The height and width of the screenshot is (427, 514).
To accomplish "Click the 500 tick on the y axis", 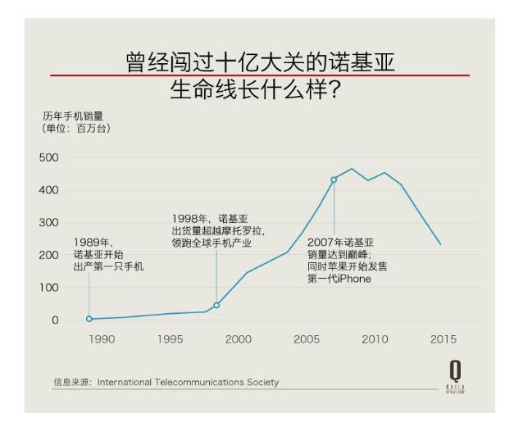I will pyautogui.click(x=49, y=157).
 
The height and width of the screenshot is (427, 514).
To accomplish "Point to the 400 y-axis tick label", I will pyautogui.click(x=49, y=190).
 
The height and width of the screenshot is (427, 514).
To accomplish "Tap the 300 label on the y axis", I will pyautogui.click(x=49, y=223).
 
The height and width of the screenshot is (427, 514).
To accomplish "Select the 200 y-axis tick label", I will pyautogui.click(x=49, y=255).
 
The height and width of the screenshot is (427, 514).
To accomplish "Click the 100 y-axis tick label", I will pyautogui.click(x=49, y=288).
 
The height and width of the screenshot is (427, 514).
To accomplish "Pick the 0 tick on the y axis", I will pyautogui.click(x=55, y=320).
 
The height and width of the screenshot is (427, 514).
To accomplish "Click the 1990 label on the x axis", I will pyautogui.click(x=102, y=339).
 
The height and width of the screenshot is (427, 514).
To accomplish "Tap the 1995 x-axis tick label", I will pyautogui.click(x=170, y=339).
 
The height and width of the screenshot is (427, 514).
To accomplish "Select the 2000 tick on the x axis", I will pyautogui.click(x=239, y=339).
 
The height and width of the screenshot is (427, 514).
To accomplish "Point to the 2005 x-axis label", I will pyautogui.click(x=307, y=339).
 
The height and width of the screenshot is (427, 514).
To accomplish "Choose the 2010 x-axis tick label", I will pyautogui.click(x=375, y=339).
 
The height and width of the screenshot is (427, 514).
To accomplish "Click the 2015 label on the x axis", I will pyautogui.click(x=443, y=339).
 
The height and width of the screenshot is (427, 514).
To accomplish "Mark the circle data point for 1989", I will pyautogui.click(x=89, y=319).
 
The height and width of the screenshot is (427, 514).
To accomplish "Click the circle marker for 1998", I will pyautogui.click(x=216, y=306).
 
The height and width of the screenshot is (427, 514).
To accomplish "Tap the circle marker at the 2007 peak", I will pyautogui.click(x=334, y=179).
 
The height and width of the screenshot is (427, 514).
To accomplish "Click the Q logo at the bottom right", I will pyautogui.click(x=453, y=371).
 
